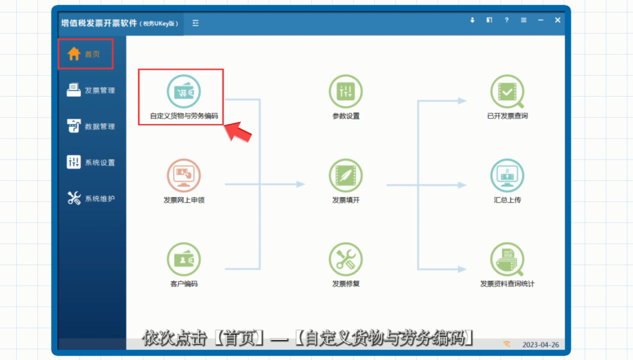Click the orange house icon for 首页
tap(73, 54)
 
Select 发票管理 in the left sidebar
tap(91, 90)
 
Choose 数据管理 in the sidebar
tap(91, 126)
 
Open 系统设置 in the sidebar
tap(91, 162)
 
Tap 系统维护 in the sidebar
tap(91, 198)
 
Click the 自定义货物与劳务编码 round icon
tap(184, 91)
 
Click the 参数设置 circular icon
tap(346, 91)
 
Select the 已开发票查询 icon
tap(507, 91)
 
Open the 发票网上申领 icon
tap(184, 176)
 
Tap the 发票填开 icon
tap(346, 176)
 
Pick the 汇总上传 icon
tap(507, 176)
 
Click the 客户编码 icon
tap(184, 260)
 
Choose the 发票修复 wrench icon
tap(346, 260)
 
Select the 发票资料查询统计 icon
tap(507, 260)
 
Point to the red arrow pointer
tap(238, 132)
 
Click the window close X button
tap(558, 20)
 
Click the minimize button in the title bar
tap(540, 20)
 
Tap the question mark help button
tap(506, 20)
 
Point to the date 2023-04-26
tap(540, 344)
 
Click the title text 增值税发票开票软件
tap(99, 23)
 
